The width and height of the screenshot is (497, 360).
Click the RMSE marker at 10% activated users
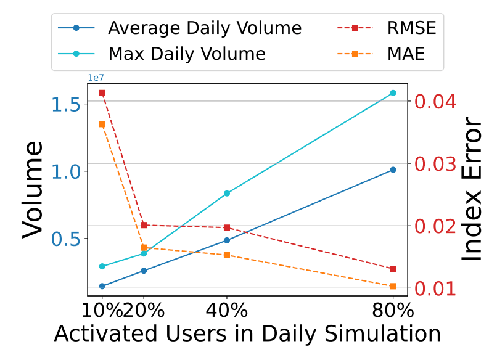(102, 93)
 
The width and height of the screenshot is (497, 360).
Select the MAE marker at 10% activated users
(102, 125)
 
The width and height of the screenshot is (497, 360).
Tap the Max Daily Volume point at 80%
(393, 93)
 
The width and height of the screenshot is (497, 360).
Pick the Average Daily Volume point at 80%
(393, 170)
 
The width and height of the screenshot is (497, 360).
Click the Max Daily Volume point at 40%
(227, 194)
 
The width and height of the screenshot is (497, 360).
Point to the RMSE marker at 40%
(227, 227)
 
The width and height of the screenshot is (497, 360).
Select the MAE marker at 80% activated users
(393, 286)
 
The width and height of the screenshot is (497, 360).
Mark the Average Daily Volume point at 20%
(144, 271)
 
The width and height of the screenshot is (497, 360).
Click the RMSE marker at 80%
(393, 269)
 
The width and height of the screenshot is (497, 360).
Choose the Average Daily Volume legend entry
(179, 28)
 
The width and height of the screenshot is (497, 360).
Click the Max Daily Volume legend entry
(162, 54)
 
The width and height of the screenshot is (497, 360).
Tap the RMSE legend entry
(387, 28)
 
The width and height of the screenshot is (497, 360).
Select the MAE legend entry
(381, 54)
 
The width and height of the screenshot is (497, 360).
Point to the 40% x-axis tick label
(227, 310)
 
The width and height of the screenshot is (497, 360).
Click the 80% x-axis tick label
(393, 310)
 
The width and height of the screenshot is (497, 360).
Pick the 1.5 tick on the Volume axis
(66, 104)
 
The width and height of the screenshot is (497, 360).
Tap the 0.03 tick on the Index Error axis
(435, 164)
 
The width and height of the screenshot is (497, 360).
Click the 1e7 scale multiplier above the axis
(96, 78)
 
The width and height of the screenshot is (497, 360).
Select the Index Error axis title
(471, 189)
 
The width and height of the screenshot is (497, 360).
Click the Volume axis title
(32, 189)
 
